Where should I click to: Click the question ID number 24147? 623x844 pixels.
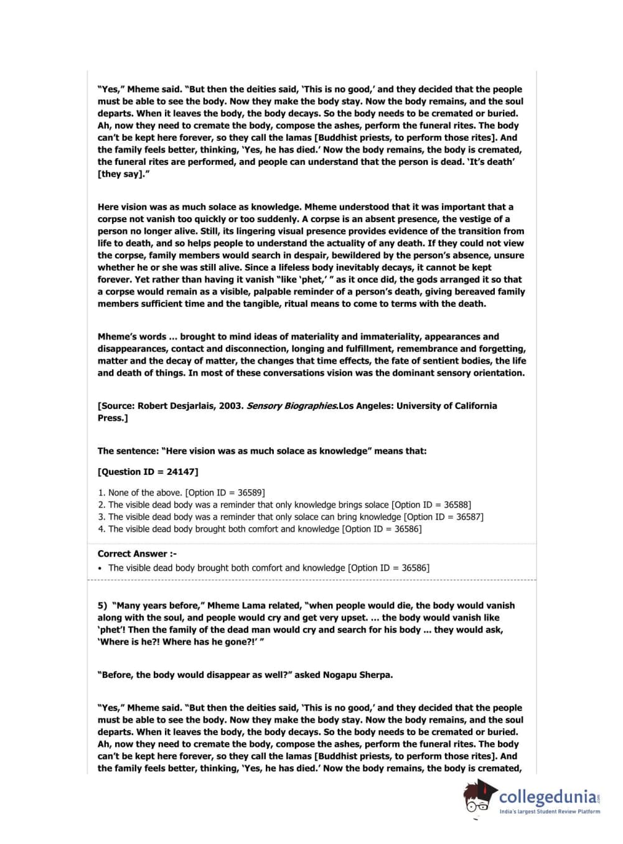(x=180, y=472)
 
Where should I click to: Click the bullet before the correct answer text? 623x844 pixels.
(x=100, y=568)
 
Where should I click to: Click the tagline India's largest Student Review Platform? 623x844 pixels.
(x=550, y=811)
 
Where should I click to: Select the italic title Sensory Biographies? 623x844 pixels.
(x=292, y=406)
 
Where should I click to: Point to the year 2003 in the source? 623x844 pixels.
(x=231, y=406)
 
